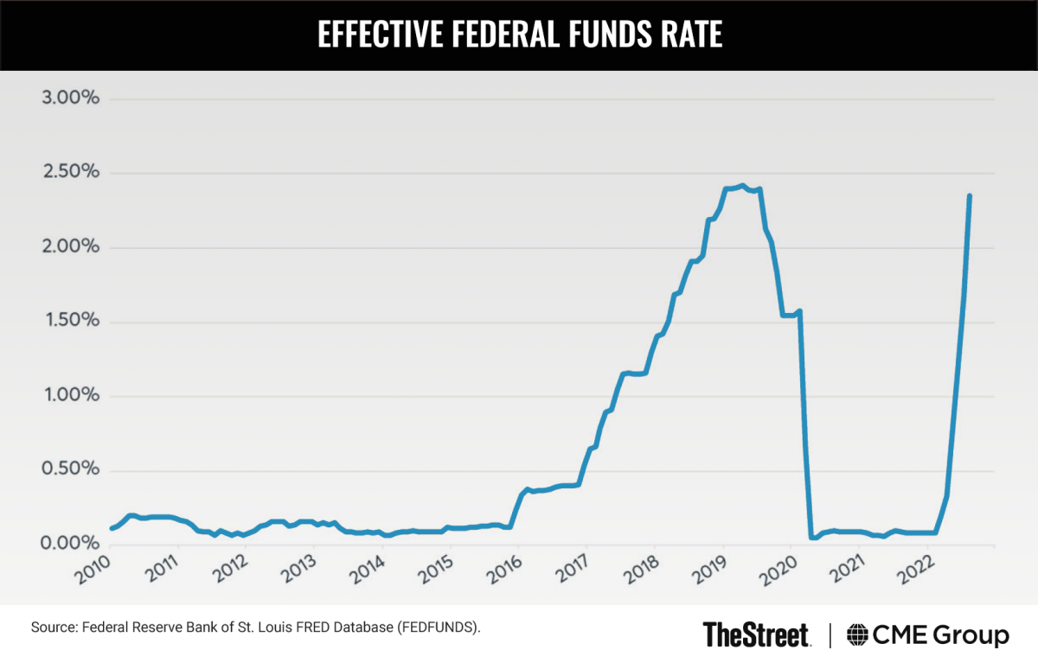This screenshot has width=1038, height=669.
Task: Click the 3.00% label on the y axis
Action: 71,99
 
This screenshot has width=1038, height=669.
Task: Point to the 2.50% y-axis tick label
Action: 71,173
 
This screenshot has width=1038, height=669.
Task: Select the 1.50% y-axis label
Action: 71,322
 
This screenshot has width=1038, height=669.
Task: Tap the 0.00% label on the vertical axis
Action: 71,544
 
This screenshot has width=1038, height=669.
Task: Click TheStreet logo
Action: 756,635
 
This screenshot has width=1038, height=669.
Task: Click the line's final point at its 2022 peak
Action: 970,196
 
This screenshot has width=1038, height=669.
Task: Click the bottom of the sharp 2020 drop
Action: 812,537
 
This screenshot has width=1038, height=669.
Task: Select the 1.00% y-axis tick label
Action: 71,396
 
